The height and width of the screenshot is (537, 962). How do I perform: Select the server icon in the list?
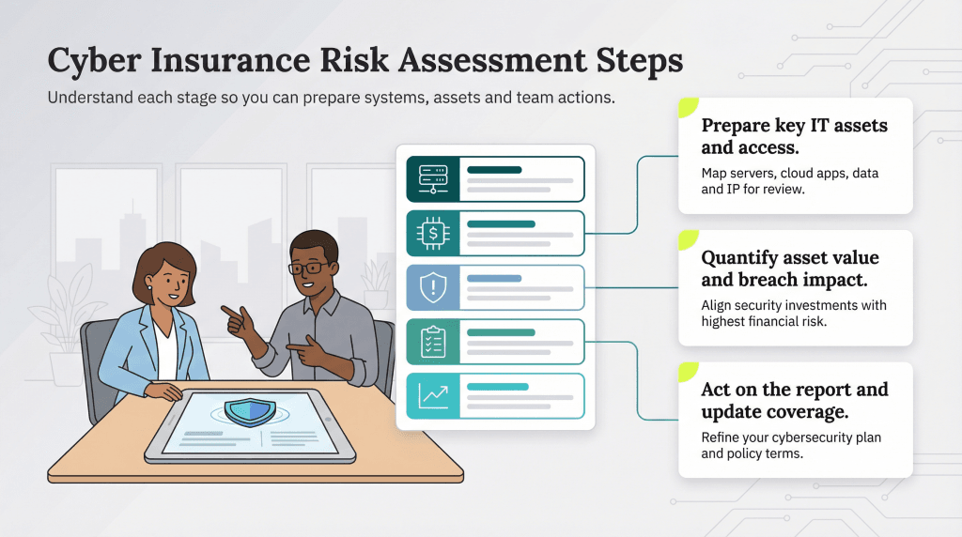[x=432, y=178]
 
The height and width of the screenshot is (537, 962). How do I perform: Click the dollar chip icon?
[x=432, y=233]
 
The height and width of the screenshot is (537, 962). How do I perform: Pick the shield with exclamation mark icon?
[x=432, y=287]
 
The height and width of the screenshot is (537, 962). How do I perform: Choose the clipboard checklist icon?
[x=432, y=342]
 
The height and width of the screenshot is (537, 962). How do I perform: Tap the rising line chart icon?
[x=432, y=395]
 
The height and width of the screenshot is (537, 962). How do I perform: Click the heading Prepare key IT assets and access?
[x=794, y=136]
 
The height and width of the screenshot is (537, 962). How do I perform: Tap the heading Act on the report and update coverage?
[x=794, y=400]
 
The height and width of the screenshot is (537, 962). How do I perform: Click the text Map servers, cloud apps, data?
[x=790, y=174]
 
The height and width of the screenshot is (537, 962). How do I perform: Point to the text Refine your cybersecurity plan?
[x=791, y=437]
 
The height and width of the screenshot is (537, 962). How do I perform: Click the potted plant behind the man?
[x=377, y=282]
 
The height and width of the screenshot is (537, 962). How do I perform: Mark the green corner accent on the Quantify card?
[x=688, y=239]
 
